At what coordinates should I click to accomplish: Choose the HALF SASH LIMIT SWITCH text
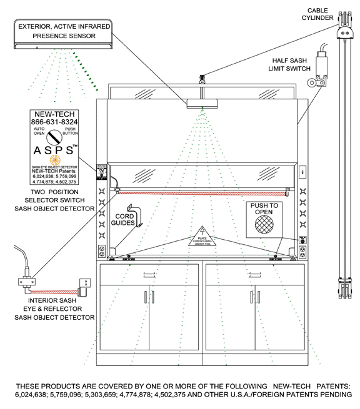point(292,64)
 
